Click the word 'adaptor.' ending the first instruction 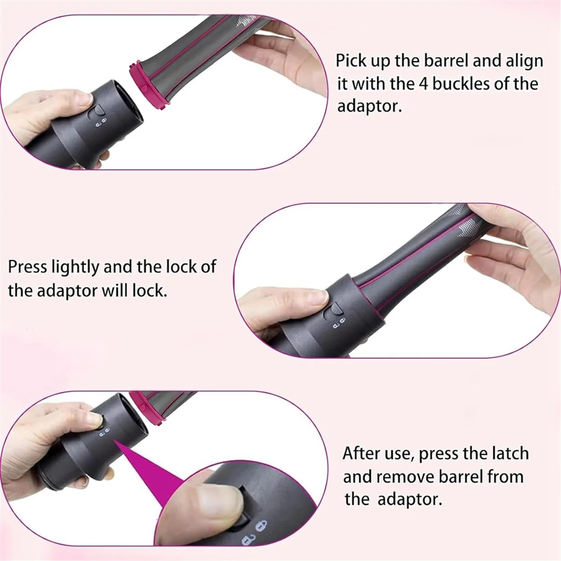[369, 107]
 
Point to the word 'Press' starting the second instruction [28, 267]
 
